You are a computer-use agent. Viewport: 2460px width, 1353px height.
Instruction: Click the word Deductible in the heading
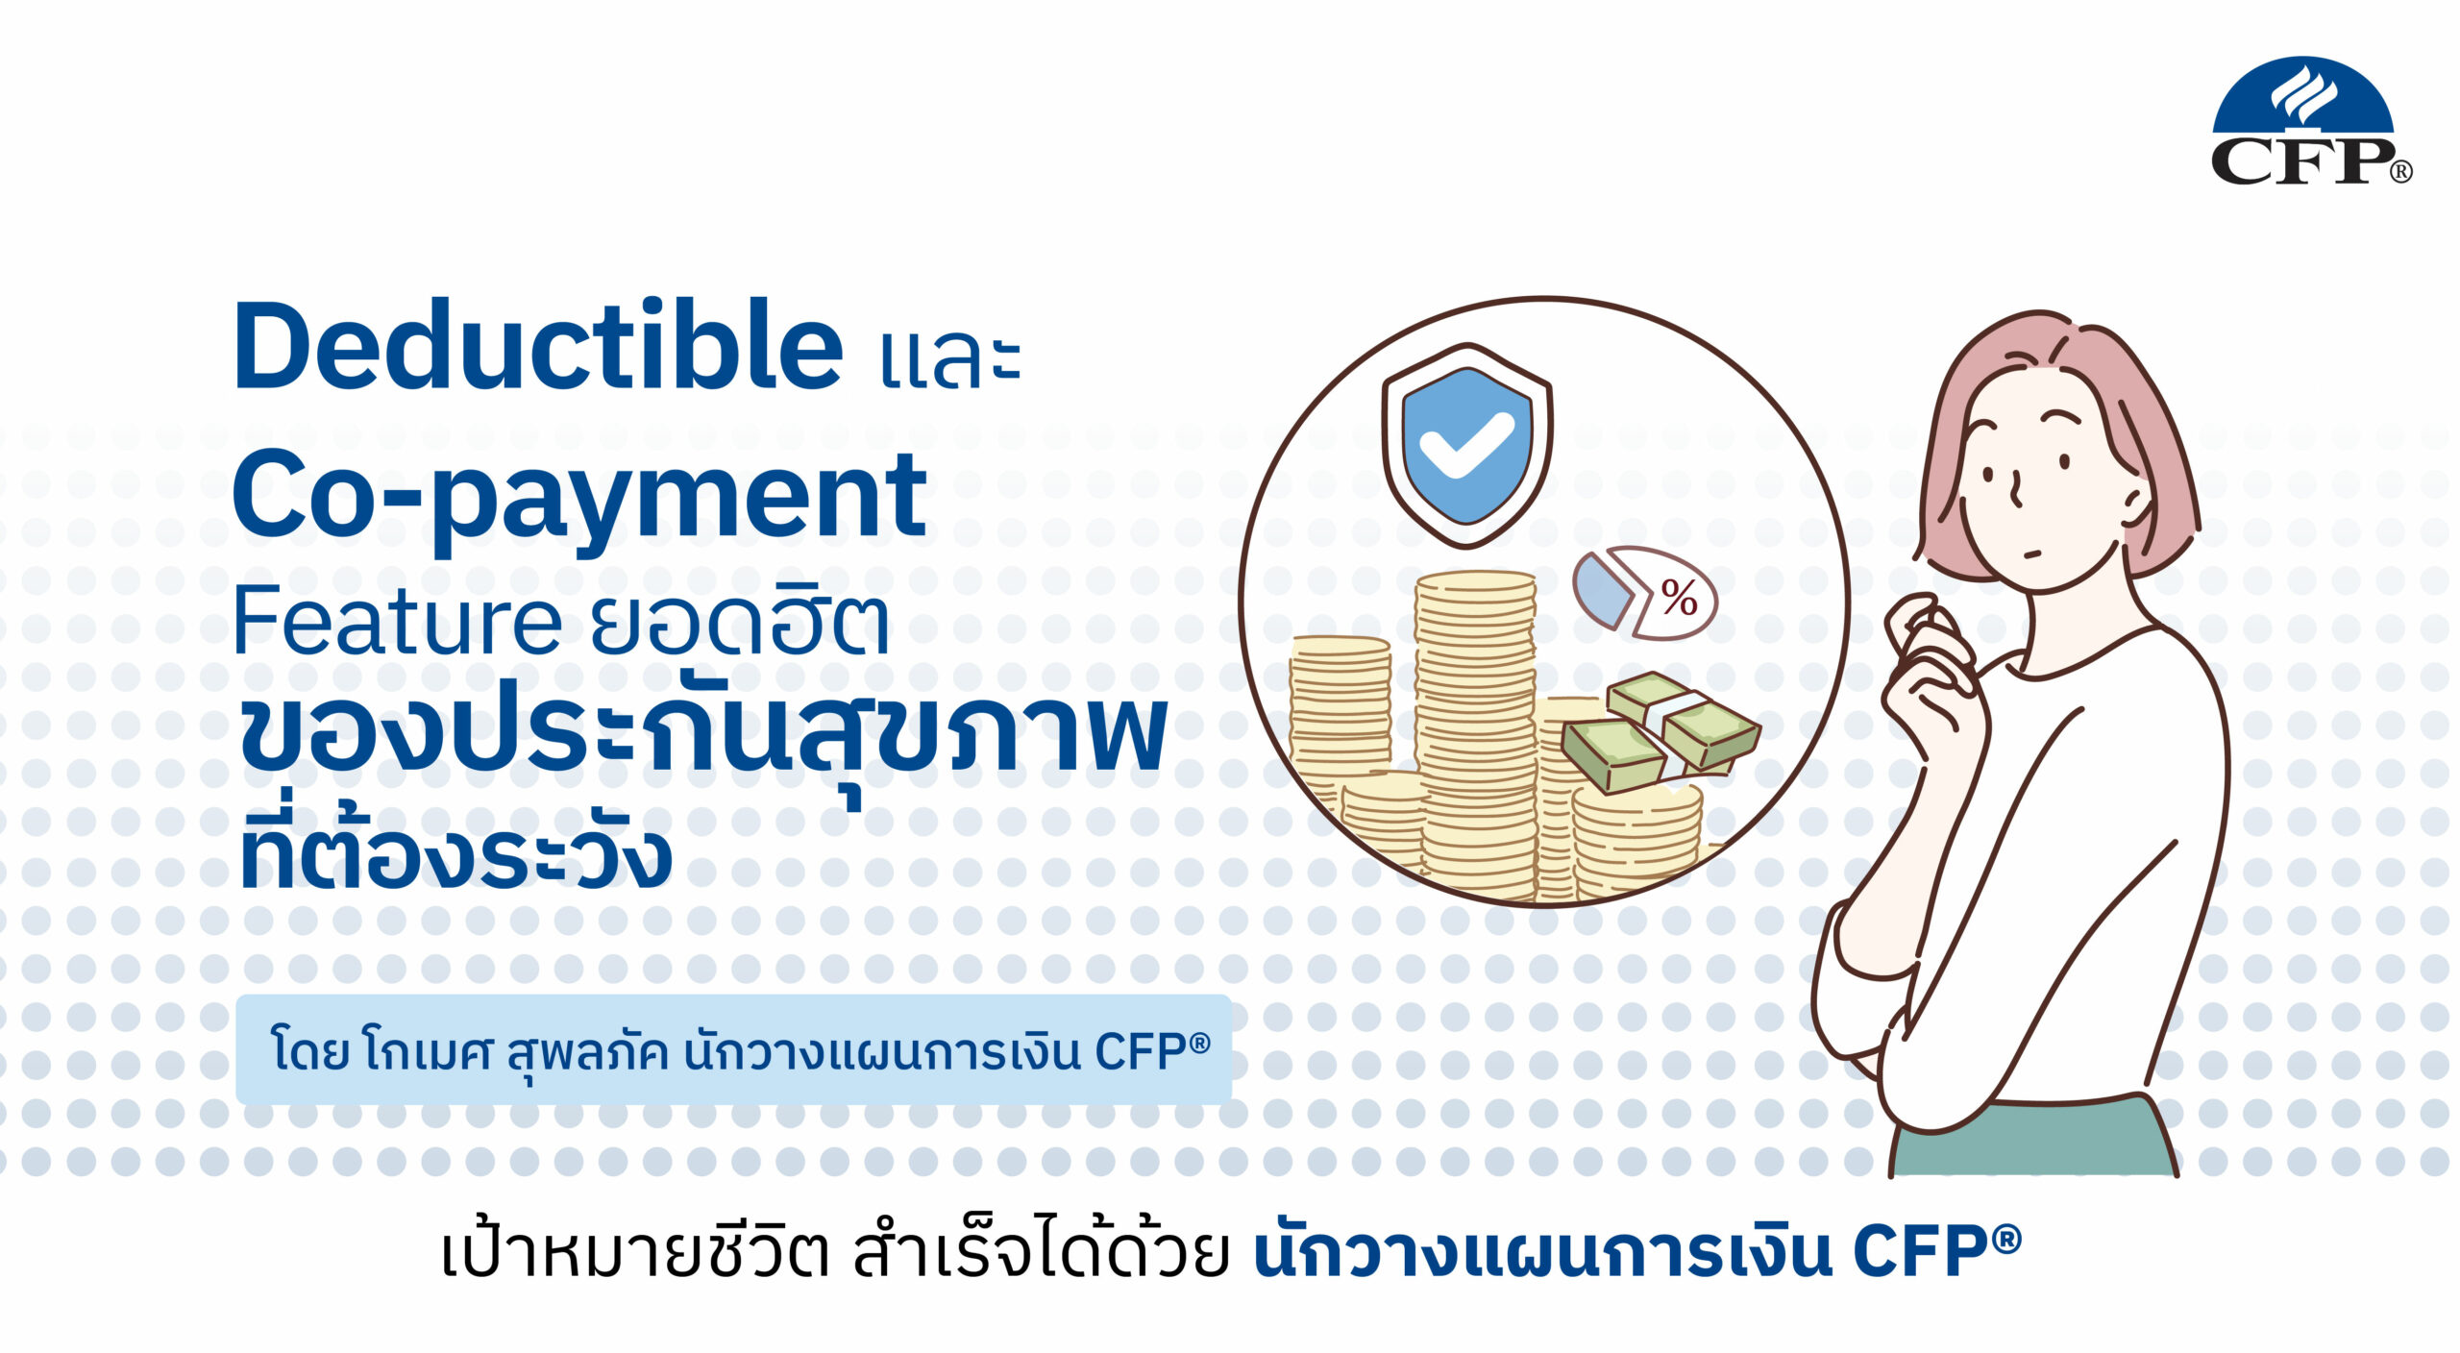pyautogui.click(x=538, y=345)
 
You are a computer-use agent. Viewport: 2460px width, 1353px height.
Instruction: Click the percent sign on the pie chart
pyautogui.click(x=1679, y=599)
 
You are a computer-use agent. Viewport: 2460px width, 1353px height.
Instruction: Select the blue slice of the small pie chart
pyautogui.click(x=1601, y=589)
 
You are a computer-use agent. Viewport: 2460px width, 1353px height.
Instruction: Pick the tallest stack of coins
pyautogui.click(x=1475, y=735)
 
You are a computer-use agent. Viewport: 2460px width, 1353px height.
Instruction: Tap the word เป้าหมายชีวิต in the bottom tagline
pyautogui.click(x=635, y=1252)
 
